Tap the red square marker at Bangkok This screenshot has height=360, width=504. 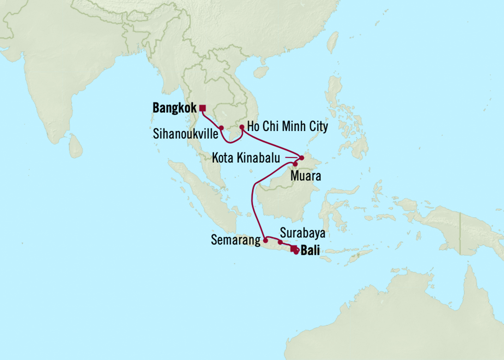[x=203, y=108]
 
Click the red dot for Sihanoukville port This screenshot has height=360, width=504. [x=221, y=128]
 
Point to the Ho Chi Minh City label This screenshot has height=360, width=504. [x=288, y=127]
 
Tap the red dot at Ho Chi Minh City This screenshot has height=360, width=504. [x=241, y=127]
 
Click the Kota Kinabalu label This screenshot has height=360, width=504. [x=247, y=157]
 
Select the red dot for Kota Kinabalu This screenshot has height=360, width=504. [x=301, y=158]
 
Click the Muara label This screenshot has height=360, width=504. [x=305, y=177]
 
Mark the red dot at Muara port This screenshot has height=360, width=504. [x=295, y=164]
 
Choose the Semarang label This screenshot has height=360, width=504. [x=234, y=240]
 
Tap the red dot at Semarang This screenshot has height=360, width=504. [x=265, y=240]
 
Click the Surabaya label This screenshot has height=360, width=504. [x=303, y=233]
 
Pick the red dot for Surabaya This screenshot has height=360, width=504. [x=280, y=242]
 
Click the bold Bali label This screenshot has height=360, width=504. [x=310, y=251]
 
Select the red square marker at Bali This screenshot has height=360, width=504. [x=293, y=248]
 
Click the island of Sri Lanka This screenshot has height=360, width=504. [x=75, y=146]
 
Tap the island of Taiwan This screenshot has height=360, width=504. [x=332, y=43]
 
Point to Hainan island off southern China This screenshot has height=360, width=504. [x=261, y=72]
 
